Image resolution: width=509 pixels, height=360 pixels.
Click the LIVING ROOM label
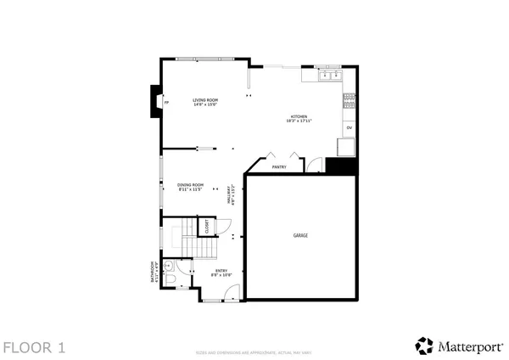pos(205,102)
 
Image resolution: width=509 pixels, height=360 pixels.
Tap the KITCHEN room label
pos(299,119)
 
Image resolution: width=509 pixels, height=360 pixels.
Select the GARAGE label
pos(300,234)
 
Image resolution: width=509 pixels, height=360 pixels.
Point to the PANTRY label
pos(279,166)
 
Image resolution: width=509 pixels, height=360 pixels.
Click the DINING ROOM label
pos(190,187)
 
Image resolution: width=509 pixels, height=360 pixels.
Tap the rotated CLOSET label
pos(206,227)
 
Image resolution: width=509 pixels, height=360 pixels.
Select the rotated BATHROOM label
pos(154,271)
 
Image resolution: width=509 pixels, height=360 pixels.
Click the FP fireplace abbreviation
pos(166,103)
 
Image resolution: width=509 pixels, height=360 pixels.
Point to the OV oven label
pos(349,127)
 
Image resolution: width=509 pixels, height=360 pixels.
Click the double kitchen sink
pos(329,76)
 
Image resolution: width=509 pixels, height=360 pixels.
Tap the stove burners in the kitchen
pos(349,103)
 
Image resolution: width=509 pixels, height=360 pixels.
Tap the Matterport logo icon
pos(424,345)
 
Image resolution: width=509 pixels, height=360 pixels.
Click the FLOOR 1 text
pos(34,346)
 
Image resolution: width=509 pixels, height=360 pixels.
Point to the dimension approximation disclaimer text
pos(255,352)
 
